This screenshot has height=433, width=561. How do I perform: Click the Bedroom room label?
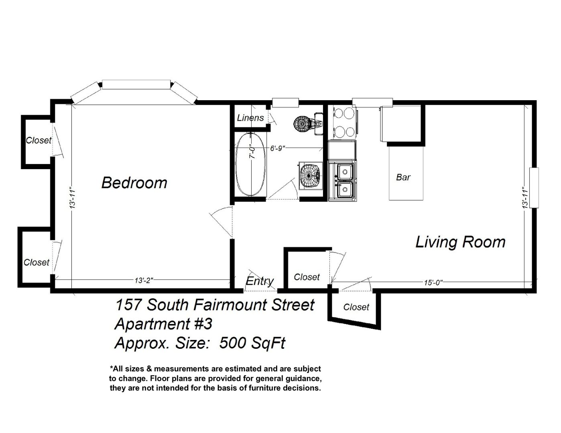click(134, 182)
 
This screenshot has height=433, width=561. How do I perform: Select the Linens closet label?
click(250, 118)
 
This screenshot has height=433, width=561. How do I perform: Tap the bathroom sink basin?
click(311, 176)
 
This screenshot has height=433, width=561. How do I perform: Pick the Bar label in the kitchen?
click(403, 178)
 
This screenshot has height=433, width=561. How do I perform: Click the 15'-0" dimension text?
click(433, 283)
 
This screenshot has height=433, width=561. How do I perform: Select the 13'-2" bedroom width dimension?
click(144, 280)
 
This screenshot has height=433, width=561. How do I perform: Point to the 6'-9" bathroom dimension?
click(278, 149)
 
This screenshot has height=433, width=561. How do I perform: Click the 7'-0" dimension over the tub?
click(252, 152)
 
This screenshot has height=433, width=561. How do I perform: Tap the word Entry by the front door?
click(260, 281)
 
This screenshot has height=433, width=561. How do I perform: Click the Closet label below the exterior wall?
click(356, 307)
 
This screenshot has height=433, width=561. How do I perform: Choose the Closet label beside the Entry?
click(307, 277)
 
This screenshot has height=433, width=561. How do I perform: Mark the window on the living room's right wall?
click(534, 188)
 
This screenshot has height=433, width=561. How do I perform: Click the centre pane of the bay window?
click(136, 85)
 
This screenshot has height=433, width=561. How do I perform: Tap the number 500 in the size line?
click(231, 343)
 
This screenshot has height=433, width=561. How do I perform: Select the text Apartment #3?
click(163, 324)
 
